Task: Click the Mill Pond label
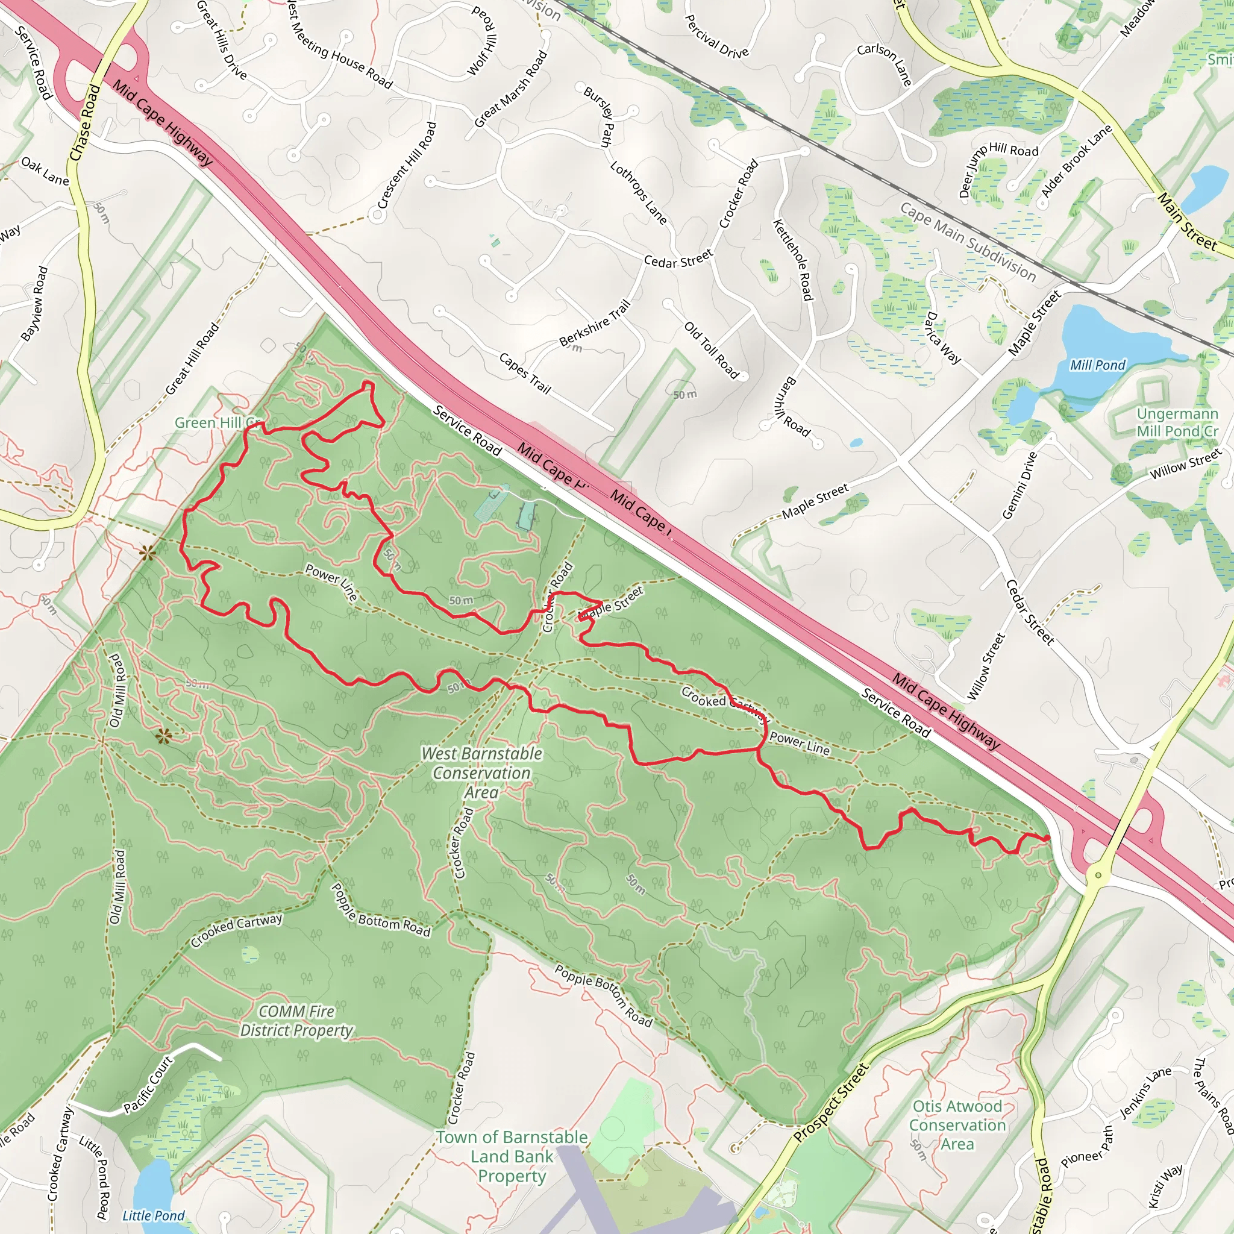click(1097, 365)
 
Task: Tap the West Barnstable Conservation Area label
click(481, 773)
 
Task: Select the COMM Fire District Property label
click(296, 1021)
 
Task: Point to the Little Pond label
click(153, 1215)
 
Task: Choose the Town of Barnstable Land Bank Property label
click(512, 1157)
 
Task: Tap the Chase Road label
click(85, 123)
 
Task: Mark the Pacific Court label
click(148, 1085)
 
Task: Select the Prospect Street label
click(831, 1103)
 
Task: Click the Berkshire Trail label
click(595, 323)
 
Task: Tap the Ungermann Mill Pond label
click(1177, 423)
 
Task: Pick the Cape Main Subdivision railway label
click(968, 242)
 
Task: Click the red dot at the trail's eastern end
click(1047, 838)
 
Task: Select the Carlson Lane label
click(884, 64)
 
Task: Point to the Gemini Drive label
click(1019, 486)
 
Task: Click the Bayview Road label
click(34, 304)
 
